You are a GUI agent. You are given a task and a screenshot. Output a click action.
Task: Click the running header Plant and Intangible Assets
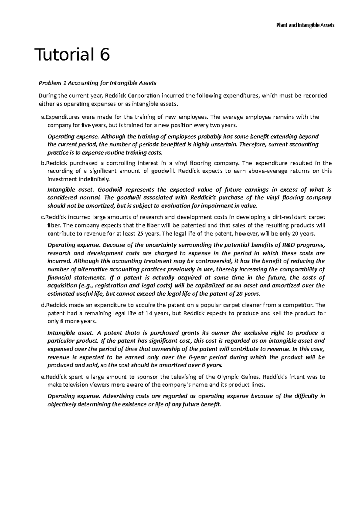pos(305,25)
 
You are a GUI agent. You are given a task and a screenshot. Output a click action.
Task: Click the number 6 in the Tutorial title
pos(105,55)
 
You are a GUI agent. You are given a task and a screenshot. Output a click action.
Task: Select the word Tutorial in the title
pos(64,55)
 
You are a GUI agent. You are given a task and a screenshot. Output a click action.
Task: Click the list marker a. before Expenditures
pos(42,117)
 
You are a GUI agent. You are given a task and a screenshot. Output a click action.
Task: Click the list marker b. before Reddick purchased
pos(42,163)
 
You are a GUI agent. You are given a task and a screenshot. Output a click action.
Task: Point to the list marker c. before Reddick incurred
pos(42,217)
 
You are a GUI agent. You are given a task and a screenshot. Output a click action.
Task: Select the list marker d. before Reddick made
pos(42,305)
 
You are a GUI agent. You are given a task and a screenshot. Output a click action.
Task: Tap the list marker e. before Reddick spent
pos(42,377)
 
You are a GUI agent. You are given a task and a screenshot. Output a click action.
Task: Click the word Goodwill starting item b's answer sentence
pos(110,190)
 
